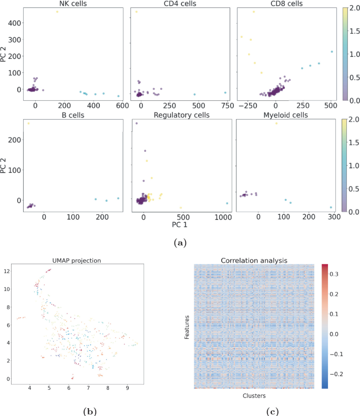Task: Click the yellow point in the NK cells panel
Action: point(57,12)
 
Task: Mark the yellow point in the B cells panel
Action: point(28,123)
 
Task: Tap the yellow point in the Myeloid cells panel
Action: point(276,123)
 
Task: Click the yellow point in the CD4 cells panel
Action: point(136,12)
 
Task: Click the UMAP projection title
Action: point(76,260)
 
